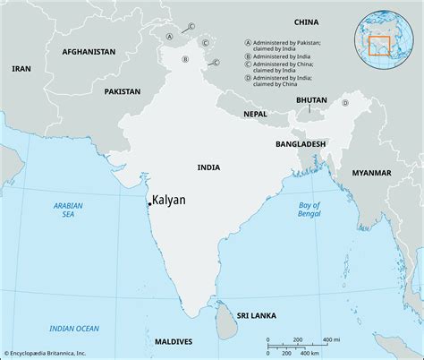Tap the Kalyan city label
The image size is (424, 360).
coord(169,200)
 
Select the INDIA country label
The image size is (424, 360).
coord(210,167)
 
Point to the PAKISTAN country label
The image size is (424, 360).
coord(122,91)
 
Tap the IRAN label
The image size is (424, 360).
coord(21,68)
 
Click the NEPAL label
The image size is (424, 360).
coord(256,114)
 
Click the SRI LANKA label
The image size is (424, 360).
coord(255,316)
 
